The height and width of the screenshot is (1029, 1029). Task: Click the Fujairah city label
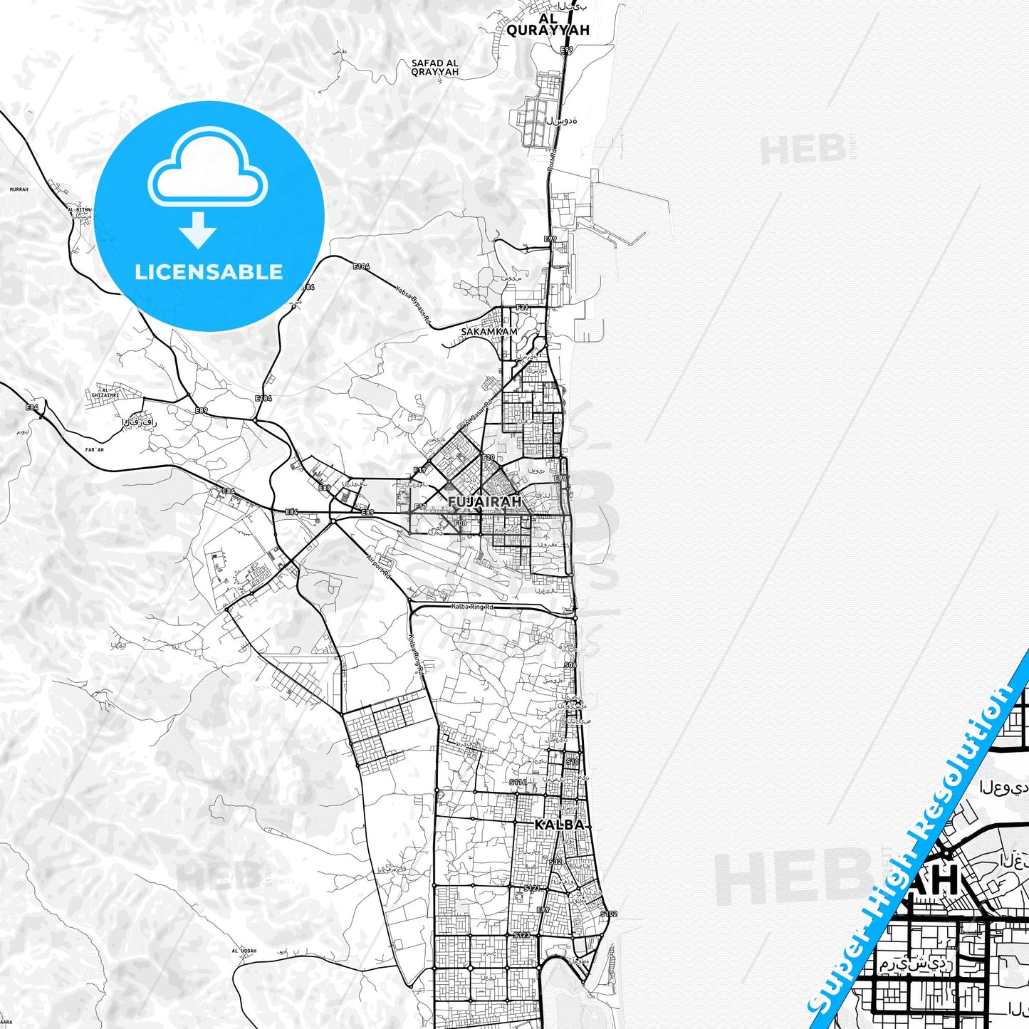484,502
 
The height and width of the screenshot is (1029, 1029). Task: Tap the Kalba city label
559,825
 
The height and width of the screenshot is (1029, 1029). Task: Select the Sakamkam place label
489,332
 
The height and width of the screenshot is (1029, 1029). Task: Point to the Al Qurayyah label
548,24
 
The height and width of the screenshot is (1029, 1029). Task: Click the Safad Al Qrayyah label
434,68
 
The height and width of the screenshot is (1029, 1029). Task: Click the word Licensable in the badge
209,272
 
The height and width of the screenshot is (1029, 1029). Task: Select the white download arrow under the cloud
198,230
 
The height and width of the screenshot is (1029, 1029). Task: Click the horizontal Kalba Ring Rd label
472,607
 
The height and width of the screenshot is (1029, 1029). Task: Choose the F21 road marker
523,308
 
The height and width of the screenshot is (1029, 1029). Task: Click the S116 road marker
518,782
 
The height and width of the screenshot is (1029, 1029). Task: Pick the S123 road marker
521,934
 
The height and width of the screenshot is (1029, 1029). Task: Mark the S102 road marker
608,914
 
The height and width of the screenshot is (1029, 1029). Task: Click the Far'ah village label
94,449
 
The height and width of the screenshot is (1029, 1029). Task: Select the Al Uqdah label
244,951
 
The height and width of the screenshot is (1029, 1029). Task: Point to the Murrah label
19,189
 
